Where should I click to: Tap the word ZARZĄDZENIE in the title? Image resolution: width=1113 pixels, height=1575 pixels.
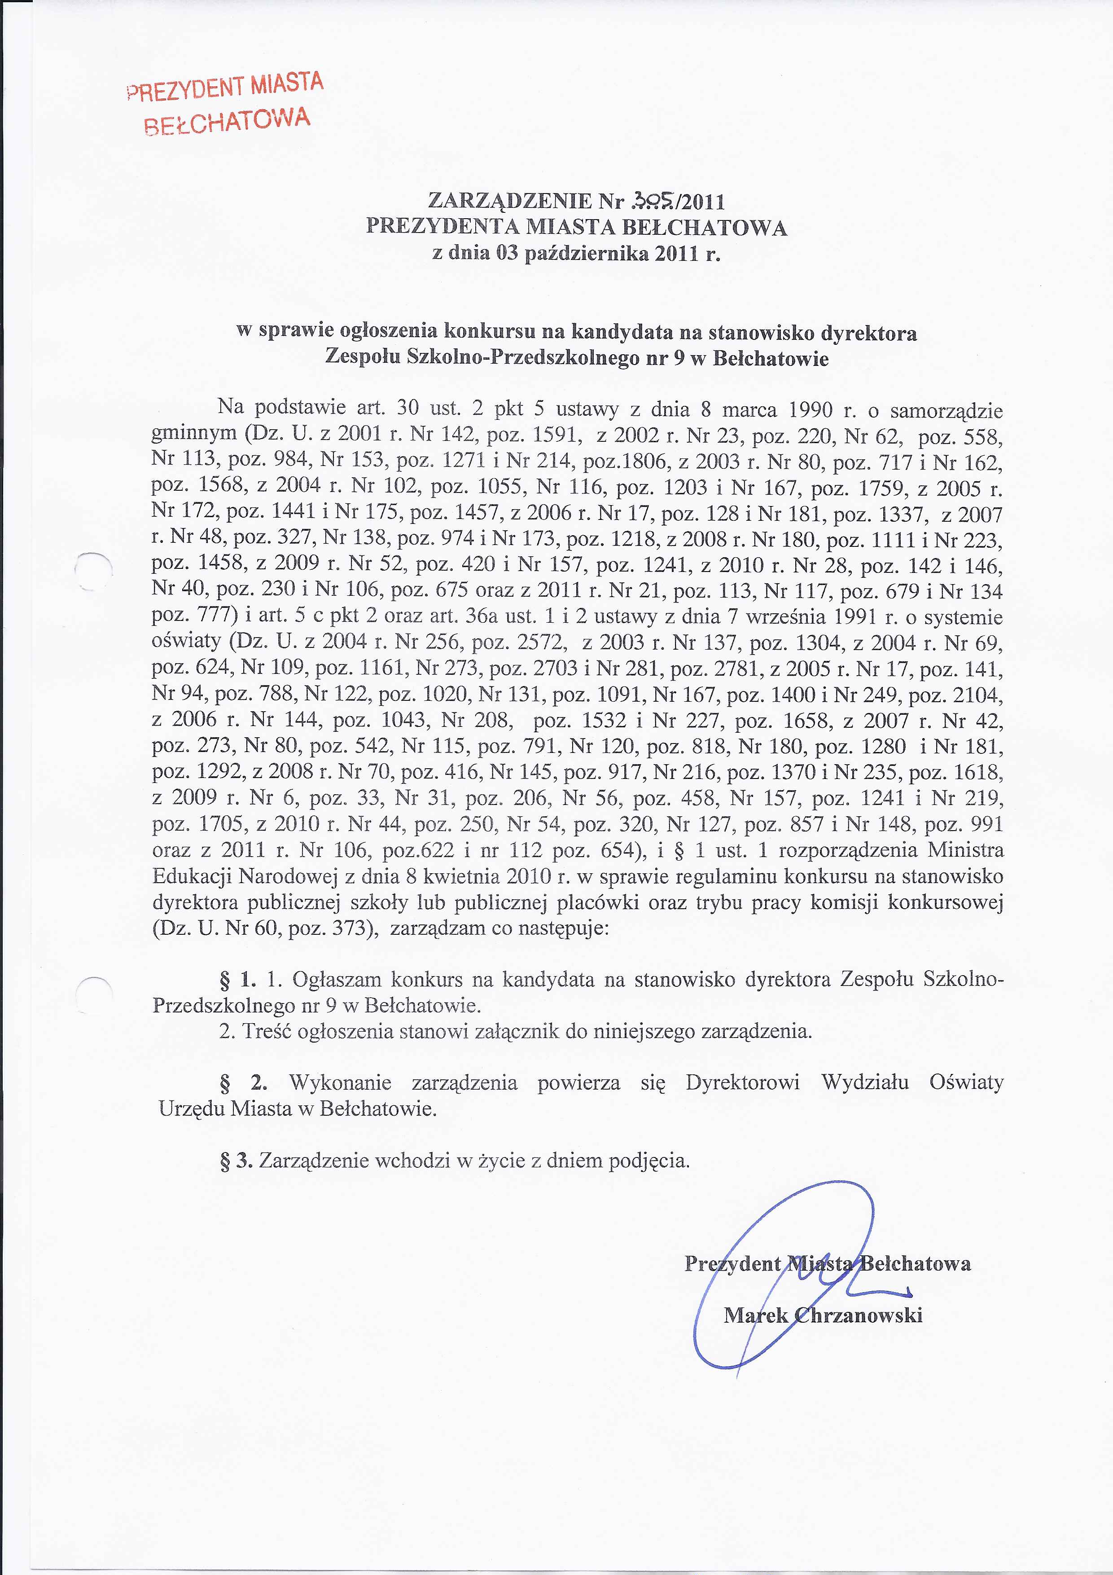[x=509, y=201]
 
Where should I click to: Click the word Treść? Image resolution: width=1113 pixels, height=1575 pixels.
[x=267, y=1032]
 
